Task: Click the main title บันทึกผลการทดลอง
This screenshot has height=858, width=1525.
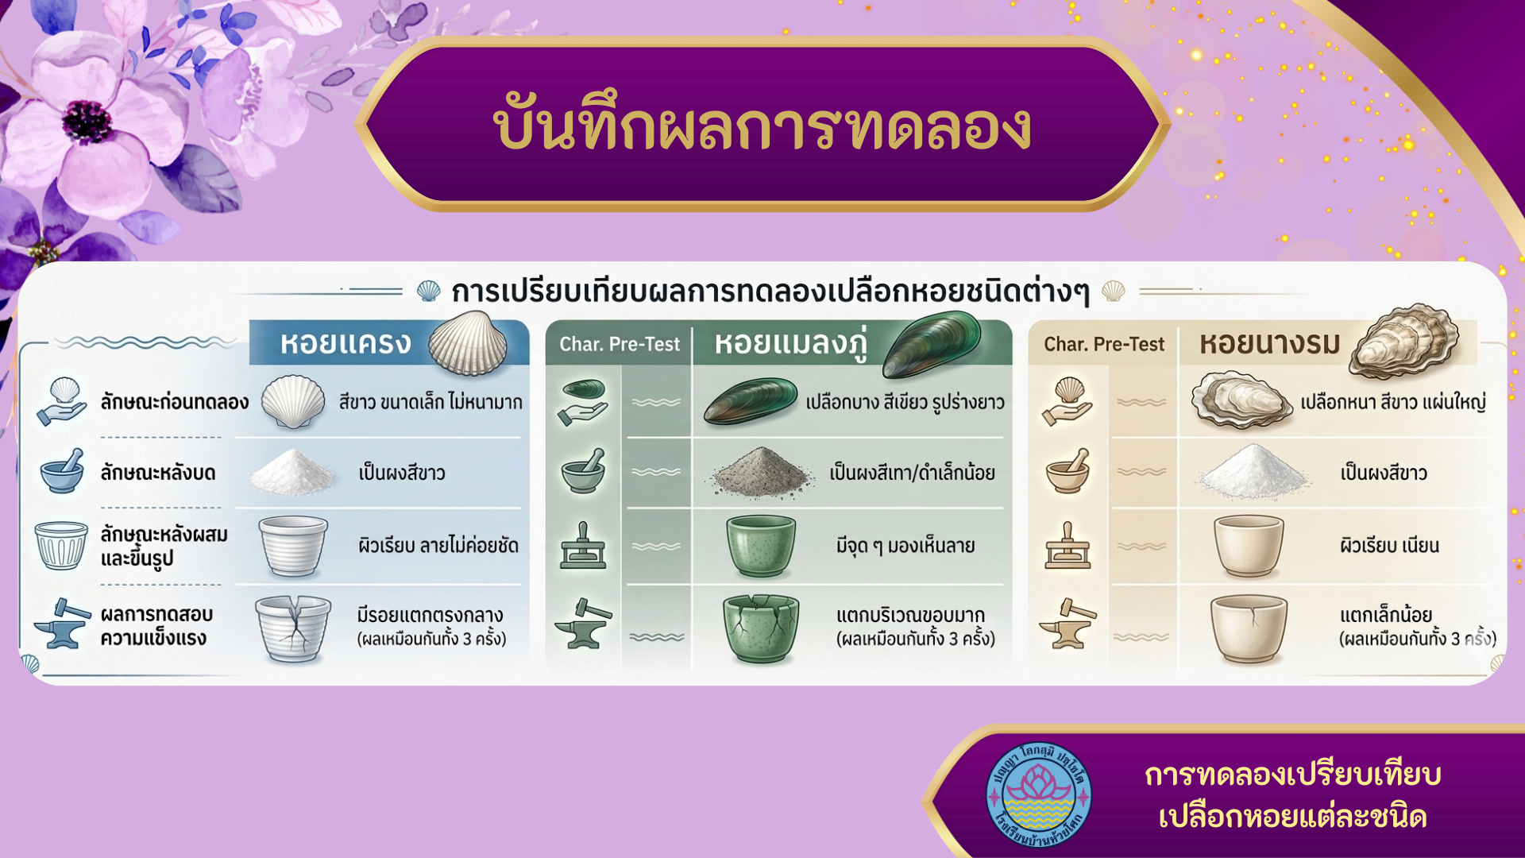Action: click(x=762, y=127)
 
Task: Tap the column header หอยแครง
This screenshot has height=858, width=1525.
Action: click(x=346, y=343)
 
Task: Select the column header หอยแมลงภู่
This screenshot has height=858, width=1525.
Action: click(x=790, y=343)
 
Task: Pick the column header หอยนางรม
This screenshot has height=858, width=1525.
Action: click(x=1270, y=343)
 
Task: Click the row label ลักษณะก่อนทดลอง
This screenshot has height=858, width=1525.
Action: click(x=175, y=402)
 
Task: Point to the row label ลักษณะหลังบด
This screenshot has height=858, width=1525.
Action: click(x=158, y=473)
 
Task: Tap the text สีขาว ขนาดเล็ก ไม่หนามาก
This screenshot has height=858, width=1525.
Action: click(x=430, y=402)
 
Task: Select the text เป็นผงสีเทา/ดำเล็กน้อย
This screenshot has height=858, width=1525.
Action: click(x=912, y=473)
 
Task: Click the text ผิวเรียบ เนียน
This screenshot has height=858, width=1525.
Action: click(x=1389, y=546)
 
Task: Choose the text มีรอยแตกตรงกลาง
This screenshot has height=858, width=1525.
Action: click(x=430, y=615)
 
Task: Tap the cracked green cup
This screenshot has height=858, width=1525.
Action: click(x=760, y=628)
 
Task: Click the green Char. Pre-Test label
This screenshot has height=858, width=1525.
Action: click(x=620, y=344)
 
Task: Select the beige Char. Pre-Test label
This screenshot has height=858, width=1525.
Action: click(x=1104, y=344)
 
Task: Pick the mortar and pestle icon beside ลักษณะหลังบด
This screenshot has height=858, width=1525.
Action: click(x=62, y=471)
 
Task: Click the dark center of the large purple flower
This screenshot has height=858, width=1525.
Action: click(x=87, y=121)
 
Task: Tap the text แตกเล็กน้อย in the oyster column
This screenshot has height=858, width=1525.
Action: click(x=1386, y=615)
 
